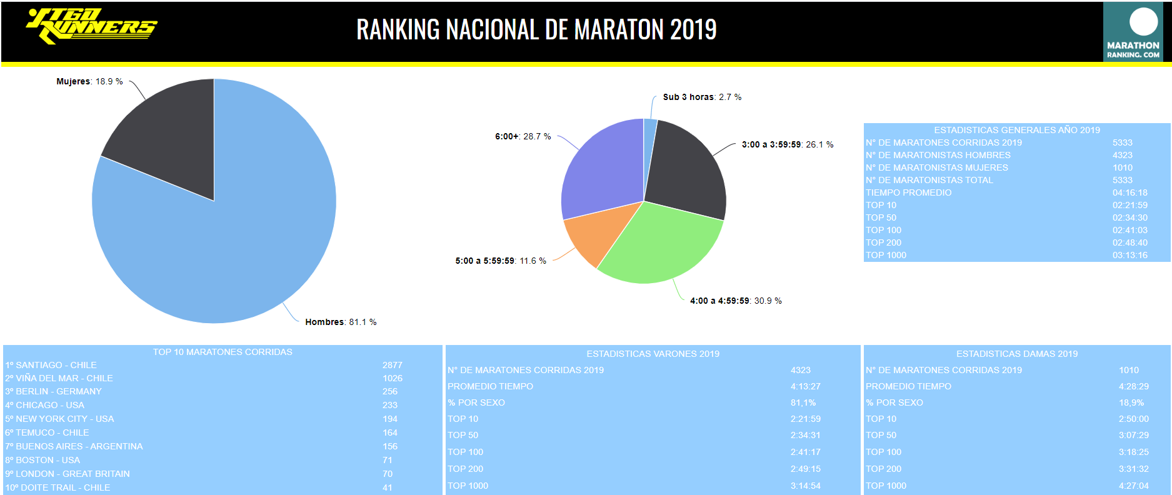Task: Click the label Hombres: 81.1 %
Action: tap(341, 322)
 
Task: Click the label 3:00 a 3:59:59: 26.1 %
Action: tap(787, 144)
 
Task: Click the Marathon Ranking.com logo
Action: tap(1133, 31)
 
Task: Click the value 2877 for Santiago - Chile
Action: tap(393, 365)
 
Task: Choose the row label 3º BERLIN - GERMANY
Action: tap(53, 391)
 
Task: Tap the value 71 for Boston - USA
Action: tap(388, 460)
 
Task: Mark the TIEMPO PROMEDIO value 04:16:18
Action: tap(1129, 192)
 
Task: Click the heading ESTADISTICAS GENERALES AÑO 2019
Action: tap(1017, 130)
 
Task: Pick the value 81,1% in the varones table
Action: tap(803, 402)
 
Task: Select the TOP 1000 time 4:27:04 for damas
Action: tap(1133, 486)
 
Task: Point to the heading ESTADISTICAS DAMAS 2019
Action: tap(1017, 354)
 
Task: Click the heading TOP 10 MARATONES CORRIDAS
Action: tap(223, 352)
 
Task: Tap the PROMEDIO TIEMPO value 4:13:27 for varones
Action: tap(805, 386)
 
